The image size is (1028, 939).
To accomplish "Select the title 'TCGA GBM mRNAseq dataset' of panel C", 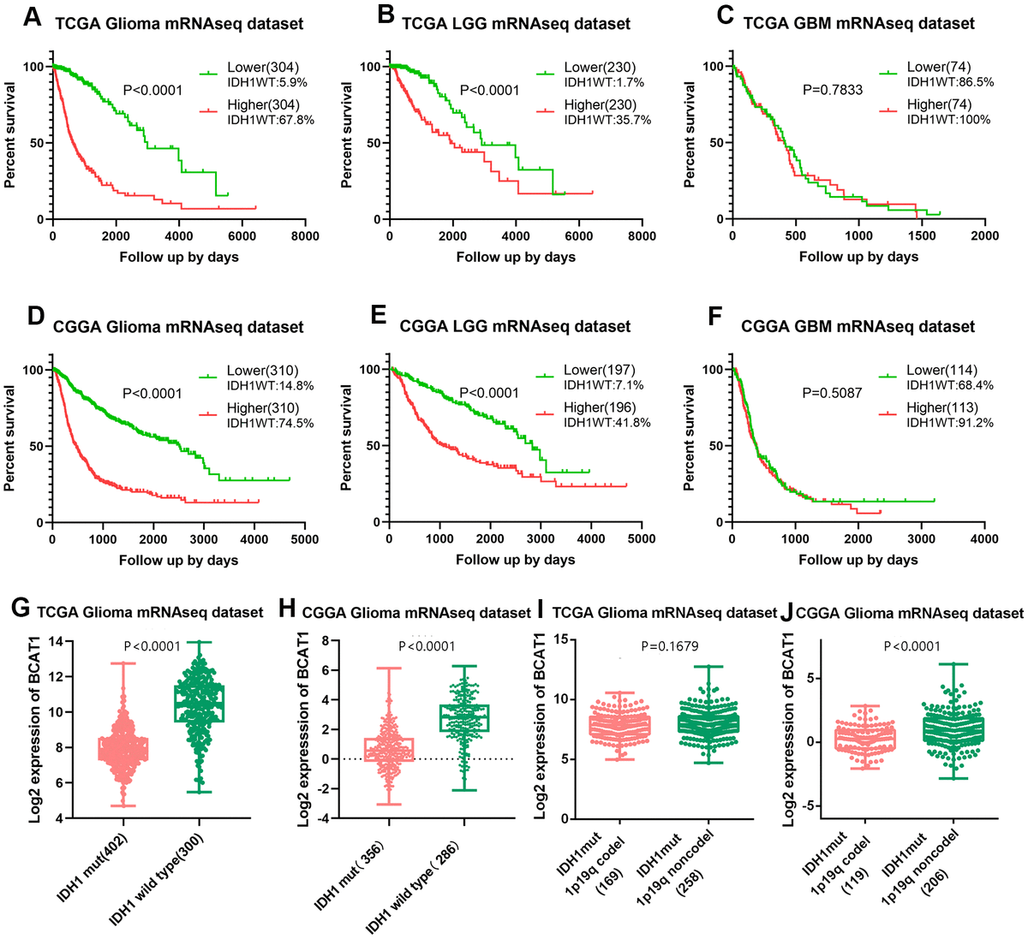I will click(x=858, y=23).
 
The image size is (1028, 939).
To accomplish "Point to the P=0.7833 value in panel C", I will click(x=832, y=89).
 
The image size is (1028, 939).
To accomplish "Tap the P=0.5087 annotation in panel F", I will click(x=832, y=393).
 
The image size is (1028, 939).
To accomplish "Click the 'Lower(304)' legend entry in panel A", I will click(x=262, y=68).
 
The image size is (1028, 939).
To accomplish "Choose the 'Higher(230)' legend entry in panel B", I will click(x=600, y=105).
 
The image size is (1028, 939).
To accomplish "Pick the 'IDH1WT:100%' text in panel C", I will click(x=948, y=120).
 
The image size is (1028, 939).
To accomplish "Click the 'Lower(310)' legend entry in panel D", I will click(x=262, y=371).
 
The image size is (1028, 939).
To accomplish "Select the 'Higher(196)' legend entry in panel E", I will click(x=599, y=407).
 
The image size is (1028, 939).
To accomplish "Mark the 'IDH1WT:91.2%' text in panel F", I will click(x=950, y=422).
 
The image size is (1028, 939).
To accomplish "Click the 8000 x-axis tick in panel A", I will click(x=305, y=236).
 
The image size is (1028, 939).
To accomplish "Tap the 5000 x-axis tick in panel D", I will click(x=305, y=539).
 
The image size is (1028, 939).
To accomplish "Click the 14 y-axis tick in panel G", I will click(x=57, y=641).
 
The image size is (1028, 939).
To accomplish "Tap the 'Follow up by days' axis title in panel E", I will click(x=515, y=560).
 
